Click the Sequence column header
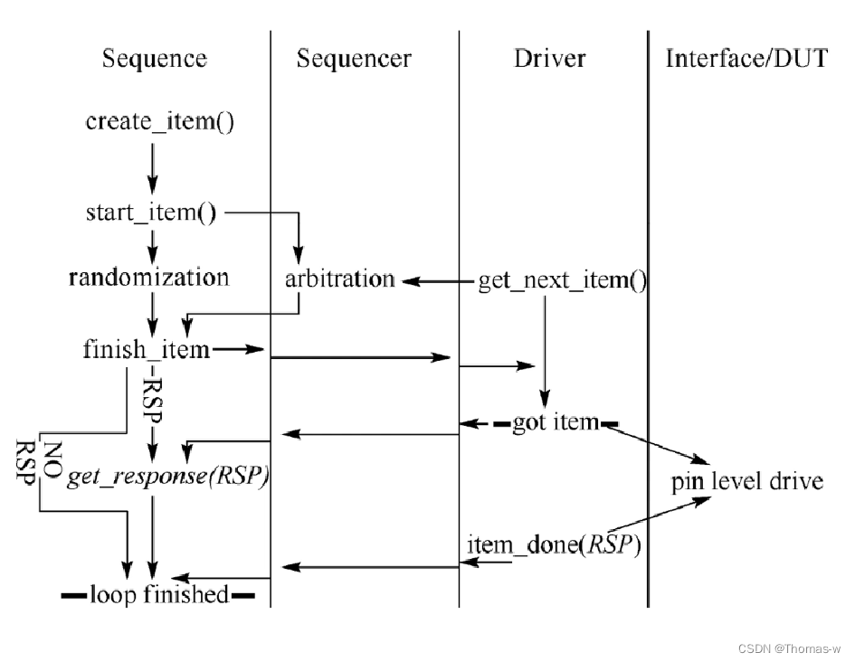pyautogui.click(x=155, y=60)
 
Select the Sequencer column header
pyautogui.click(x=354, y=60)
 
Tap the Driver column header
pyautogui.click(x=549, y=60)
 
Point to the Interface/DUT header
pyautogui.click(x=746, y=60)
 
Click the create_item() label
pyautogui.click(x=160, y=122)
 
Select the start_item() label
pyautogui.click(x=151, y=213)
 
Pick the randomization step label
pyautogui.click(x=149, y=277)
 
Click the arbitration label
pyautogui.click(x=339, y=279)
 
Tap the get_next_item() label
pyautogui.click(x=562, y=281)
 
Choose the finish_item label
pyautogui.click(x=146, y=349)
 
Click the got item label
pyautogui.click(x=556, y=422)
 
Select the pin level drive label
pyautogui.click(x=746, y=480)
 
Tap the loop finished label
pyautogui.click(x=158, y=595)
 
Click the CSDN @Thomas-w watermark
pyautogui.click(x=789, y=648)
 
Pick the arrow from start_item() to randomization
pyautogui.click(x=153, y=245)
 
